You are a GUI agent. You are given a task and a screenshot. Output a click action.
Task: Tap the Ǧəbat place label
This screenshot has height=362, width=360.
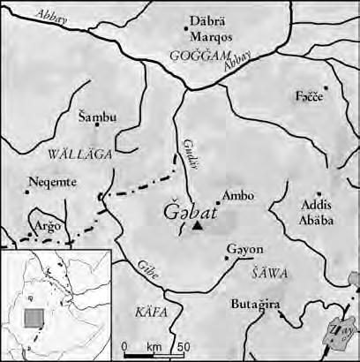[188, 213]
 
